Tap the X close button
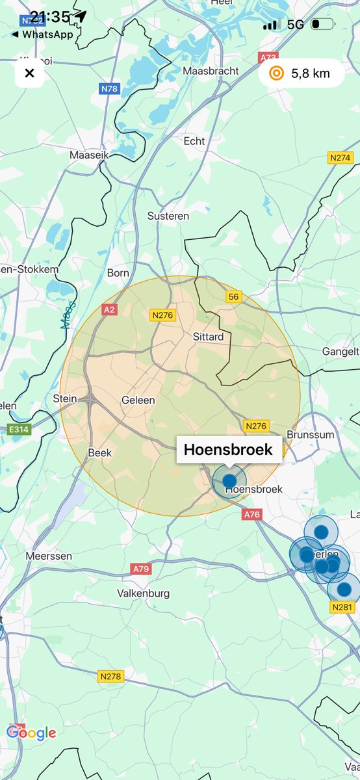[29, 73]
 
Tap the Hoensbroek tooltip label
[229, 449]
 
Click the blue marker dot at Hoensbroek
[229, 481]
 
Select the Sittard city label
[208, 337]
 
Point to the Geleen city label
[138, 400]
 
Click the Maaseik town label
[88, 155]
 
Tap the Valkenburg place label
[143, 593]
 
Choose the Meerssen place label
[49, 556]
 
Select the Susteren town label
[168, 216]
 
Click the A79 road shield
[141, 569]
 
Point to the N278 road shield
[110, 677]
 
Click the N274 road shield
[340, 158]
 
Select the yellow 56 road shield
[234, 297]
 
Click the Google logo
[31, 733]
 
